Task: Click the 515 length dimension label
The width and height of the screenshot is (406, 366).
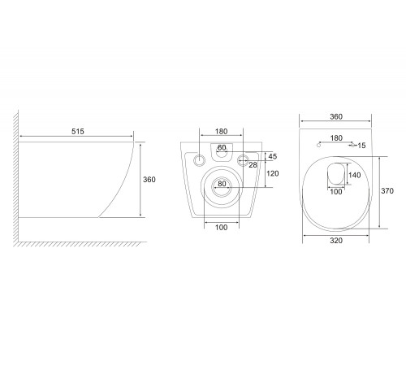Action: coord(78,132)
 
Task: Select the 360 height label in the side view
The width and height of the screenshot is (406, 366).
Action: coord(149,180)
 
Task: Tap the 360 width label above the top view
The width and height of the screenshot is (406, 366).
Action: coord(336,116)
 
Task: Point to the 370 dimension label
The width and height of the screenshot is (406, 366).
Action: coord(387,191)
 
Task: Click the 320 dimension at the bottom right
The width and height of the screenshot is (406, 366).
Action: coord(336,241)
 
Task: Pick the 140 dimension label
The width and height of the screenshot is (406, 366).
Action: coord(354,175)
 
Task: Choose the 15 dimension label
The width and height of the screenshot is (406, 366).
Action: coord(361,146)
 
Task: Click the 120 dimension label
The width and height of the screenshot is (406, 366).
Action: coord(272,173)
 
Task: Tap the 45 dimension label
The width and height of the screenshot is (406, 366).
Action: coord(273,156)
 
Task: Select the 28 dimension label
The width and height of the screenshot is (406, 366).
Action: coord(253,165)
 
